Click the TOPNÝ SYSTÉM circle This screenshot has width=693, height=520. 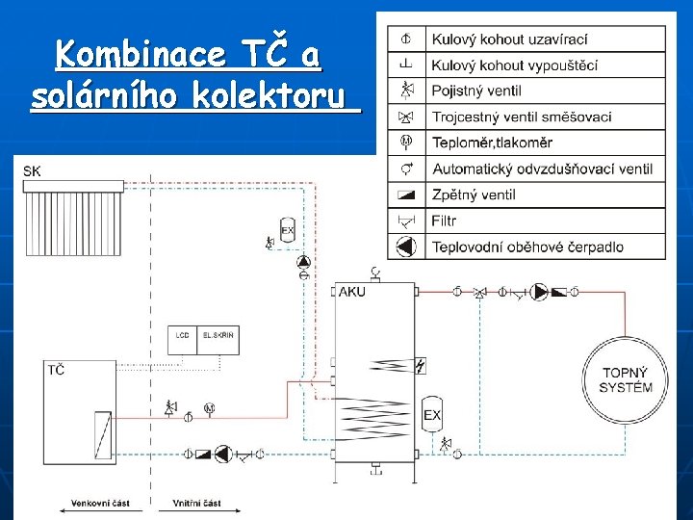point(626,380)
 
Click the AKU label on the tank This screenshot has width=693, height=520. point(353,292)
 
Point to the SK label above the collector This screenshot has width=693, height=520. point(33,171)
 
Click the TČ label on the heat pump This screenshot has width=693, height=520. point(56,370)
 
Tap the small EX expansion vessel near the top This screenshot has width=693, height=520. point(287,230)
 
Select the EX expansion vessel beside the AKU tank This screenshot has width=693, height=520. point(432,415)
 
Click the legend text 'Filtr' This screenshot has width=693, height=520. point(445,221)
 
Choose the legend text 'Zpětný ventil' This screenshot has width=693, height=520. point(474,195)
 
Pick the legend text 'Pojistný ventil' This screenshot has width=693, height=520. point(476,91)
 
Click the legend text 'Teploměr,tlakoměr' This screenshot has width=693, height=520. point(492,143)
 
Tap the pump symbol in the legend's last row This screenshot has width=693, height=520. point(406,247)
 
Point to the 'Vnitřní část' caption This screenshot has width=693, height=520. point(196,503)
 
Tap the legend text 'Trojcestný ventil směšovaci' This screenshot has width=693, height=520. point(522,117)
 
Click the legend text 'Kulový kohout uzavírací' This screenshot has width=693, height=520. point(509,39)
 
